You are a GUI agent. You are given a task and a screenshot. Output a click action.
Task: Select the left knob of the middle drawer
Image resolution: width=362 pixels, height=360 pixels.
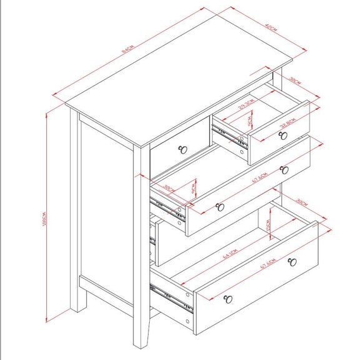click(x=219, y=206)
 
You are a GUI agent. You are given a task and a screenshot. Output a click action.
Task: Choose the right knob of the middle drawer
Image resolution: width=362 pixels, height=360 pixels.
click(x=284, y=169)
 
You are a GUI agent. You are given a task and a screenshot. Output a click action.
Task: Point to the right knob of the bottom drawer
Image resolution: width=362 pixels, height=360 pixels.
click(x=291, y=262)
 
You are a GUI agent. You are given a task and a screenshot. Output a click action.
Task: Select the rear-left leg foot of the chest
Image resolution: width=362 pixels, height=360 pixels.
click(x=78, y=307)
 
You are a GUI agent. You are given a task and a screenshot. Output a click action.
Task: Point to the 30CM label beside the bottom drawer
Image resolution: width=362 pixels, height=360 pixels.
click(x=301, y=203)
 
